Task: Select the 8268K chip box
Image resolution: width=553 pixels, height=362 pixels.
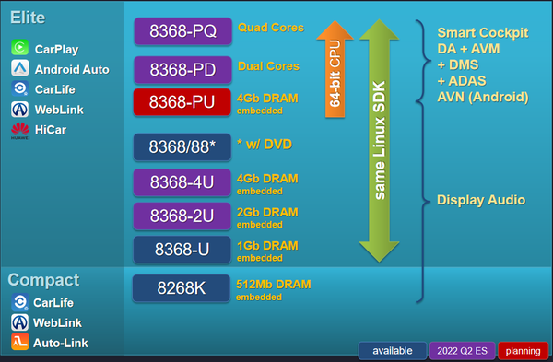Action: tap(181, 288)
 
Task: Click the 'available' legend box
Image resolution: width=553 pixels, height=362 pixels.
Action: tap(392, 351)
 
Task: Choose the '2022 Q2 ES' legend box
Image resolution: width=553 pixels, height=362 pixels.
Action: tap(465, 351)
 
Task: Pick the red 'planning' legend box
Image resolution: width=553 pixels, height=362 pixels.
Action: tap(523, 351)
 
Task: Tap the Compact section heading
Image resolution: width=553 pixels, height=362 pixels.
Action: tap(43, 279)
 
